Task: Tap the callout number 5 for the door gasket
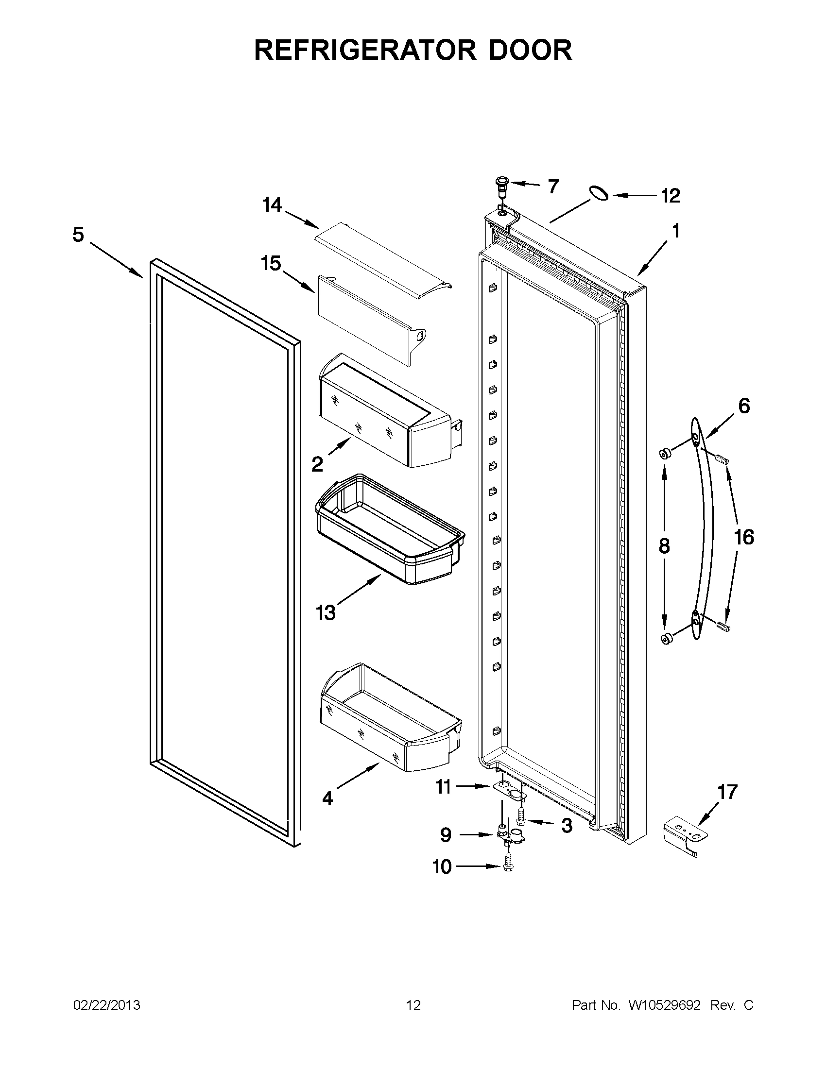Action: click(78, 235)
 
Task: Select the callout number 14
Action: click(272, 205)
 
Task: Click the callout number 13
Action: click(326, 612)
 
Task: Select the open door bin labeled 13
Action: click(389, 528)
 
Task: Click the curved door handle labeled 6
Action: click(703, 528)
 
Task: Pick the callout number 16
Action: click(744, 538)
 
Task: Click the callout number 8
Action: click(664, 546)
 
